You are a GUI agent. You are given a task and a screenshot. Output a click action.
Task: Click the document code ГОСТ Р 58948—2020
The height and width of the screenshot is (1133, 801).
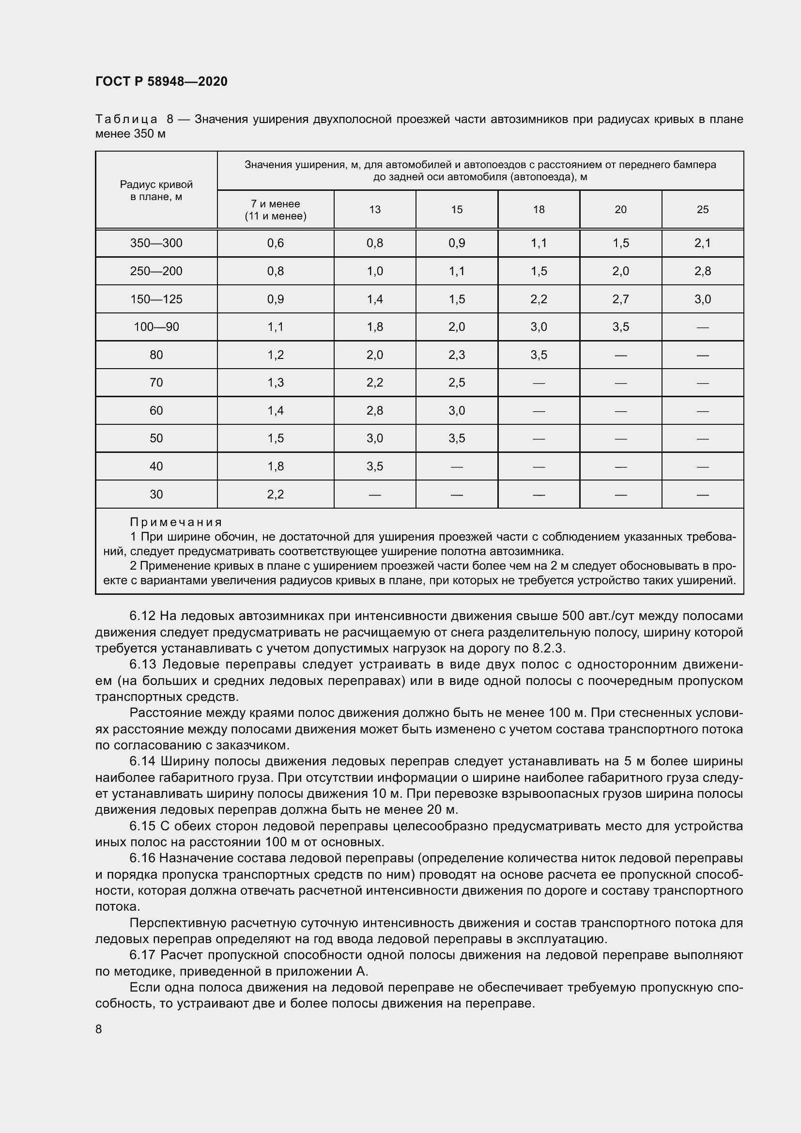point(161,81)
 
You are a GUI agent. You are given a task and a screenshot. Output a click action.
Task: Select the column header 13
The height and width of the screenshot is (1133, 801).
point(375,210)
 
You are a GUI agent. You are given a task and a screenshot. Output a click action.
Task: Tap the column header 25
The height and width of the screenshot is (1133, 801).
point(702,210)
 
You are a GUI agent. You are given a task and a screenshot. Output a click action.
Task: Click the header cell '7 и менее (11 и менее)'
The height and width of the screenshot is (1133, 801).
point(275,210)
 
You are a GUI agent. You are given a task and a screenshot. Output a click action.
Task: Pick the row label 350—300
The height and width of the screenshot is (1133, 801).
point(156,243)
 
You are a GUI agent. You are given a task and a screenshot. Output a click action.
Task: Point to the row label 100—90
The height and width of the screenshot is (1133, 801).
point(156,326)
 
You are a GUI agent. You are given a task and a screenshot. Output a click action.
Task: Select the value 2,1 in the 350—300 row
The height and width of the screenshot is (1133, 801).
point(702,243)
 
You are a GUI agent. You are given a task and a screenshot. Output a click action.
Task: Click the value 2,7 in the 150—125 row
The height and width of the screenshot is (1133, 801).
point(620,299)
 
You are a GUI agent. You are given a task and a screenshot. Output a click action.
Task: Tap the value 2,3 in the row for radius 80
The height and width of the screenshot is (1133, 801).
point(457,355)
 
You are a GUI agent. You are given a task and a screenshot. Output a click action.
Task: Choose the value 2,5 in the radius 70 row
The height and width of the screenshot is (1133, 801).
point(457,383)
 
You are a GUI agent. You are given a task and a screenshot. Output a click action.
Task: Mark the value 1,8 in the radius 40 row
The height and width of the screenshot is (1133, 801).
point(275,466)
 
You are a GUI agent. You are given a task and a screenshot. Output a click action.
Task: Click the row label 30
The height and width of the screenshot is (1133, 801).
point(156,495)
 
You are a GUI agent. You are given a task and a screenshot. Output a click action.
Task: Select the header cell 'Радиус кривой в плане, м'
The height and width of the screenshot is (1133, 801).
point(156,190)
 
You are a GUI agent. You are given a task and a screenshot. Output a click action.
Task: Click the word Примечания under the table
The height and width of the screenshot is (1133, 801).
point(176,522)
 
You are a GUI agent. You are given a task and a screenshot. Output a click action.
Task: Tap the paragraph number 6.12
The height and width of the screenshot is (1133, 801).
point(142,616)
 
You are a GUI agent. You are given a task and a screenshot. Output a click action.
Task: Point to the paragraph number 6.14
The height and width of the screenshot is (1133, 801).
point(142,761)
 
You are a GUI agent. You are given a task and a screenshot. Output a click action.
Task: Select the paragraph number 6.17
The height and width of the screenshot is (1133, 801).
point(142,955)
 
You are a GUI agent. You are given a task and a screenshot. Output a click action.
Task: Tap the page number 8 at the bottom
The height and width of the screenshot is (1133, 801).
point(99,1028)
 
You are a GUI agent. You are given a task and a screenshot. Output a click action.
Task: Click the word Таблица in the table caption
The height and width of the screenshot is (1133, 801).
point(126,120)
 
